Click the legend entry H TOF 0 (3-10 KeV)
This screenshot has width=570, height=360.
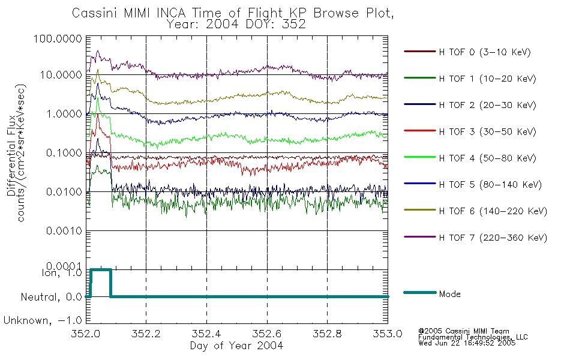tap(485, 52)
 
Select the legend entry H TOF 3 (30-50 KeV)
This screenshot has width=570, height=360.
tap(487, 131)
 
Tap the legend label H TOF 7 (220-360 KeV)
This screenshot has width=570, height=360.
tap(493, 238)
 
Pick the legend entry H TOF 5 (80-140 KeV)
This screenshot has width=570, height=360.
tap(490, 185)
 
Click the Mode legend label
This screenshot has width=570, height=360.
tap(449, 294)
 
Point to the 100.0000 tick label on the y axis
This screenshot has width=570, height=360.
tap(58, 38)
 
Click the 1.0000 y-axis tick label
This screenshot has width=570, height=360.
tap(64, 114)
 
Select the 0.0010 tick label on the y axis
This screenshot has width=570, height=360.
tap(64, 231)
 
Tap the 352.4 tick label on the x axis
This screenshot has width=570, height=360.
tap(206, 334)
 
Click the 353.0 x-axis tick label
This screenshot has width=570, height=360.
tap(387, 334)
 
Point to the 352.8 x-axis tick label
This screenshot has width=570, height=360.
tap(327, 334)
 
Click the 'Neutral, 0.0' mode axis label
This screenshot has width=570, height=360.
tap(51, 298)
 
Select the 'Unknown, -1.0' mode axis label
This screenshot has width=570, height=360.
tap(43, 321)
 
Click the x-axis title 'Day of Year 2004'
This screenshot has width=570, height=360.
tap(236, 346)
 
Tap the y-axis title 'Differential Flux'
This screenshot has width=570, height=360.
tap(11, 155)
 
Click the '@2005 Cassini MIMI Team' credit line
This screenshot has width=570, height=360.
tap(463, 331)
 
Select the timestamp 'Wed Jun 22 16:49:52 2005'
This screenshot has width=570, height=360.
tap(467, 343)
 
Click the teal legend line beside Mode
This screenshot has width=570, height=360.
tap(420, 292)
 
